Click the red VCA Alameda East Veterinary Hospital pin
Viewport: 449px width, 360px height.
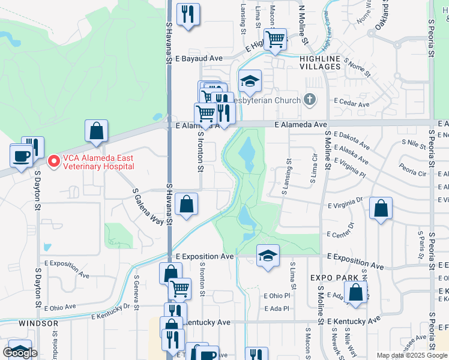[53, 161]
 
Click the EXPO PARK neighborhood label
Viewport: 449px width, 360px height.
[334, 278]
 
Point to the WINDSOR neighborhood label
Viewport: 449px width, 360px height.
[38, 323]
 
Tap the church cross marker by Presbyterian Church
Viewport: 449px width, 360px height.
[309, 100]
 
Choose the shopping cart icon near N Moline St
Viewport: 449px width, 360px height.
[275, 40]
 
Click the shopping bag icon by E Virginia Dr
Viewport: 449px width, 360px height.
[381, 209]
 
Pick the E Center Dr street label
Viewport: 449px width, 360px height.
[340, 229]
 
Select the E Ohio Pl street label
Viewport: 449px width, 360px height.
[277, 296]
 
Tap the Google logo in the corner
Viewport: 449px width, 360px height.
[20, 353]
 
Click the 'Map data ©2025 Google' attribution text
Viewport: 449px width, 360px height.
[412, 355]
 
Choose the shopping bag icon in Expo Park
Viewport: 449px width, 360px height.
[355, 292]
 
